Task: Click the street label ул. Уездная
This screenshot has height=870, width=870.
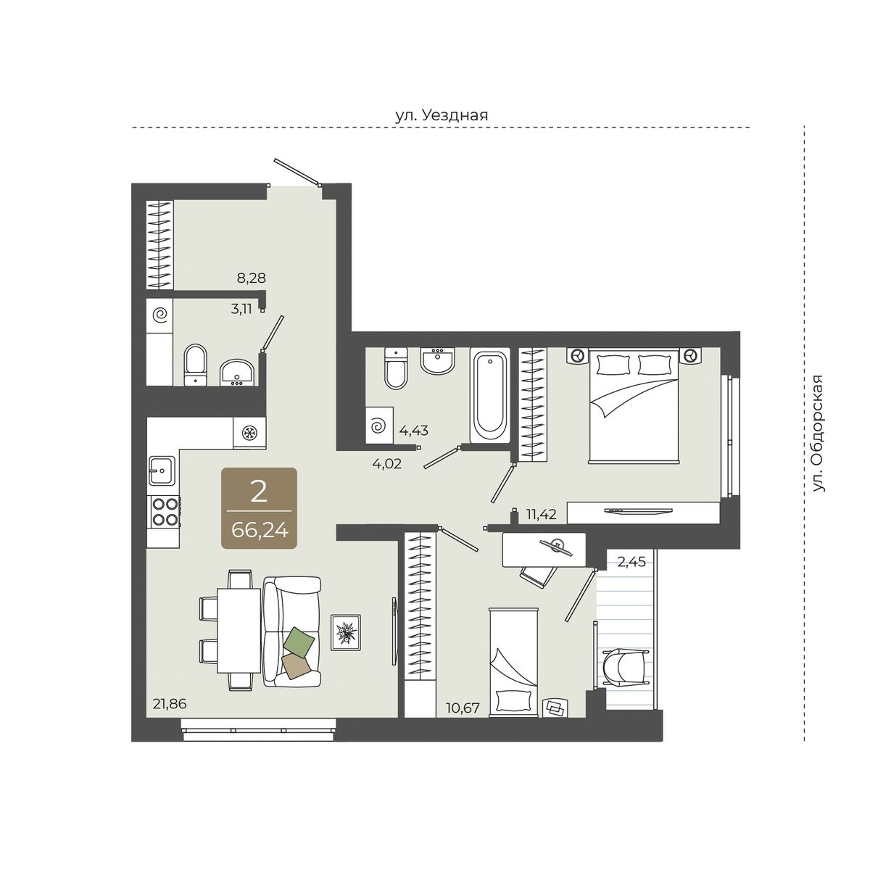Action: (x=442, y=115)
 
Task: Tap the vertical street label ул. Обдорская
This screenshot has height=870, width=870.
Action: (x=817, y=434)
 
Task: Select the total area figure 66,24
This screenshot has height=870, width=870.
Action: (x=260, y=530)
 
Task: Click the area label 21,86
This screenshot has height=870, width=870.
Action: (x=170, y=703)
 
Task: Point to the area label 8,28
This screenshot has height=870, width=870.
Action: (x=252, y=278)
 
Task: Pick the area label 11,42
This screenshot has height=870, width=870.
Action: (x=542, y=514)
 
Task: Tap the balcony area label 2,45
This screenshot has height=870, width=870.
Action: (x=631, y=562)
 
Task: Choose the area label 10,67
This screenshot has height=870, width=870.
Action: (x=463, y=708)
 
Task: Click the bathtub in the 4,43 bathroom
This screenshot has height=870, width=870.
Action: (x=490, y=395)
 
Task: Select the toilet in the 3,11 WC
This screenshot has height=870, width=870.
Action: (x=195, y=365)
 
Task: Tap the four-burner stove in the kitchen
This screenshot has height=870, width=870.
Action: (x=165, y=512)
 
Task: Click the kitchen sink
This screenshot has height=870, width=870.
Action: (x=162, y=471)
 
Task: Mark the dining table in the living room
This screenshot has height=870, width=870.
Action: (x=239, y=630)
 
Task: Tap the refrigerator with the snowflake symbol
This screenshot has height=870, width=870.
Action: (x=249, y=433)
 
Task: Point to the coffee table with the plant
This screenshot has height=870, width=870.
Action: (x=346, y=632)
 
